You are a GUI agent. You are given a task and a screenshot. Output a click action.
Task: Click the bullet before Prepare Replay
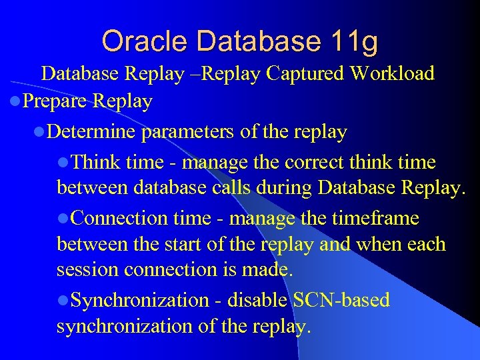pyautogui.click(x=15, y=102)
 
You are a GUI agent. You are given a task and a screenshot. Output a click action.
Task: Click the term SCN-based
pyautogui.click(x=341, y=300)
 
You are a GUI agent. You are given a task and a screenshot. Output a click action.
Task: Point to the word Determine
pyautogui.click(x=93, y=132)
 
